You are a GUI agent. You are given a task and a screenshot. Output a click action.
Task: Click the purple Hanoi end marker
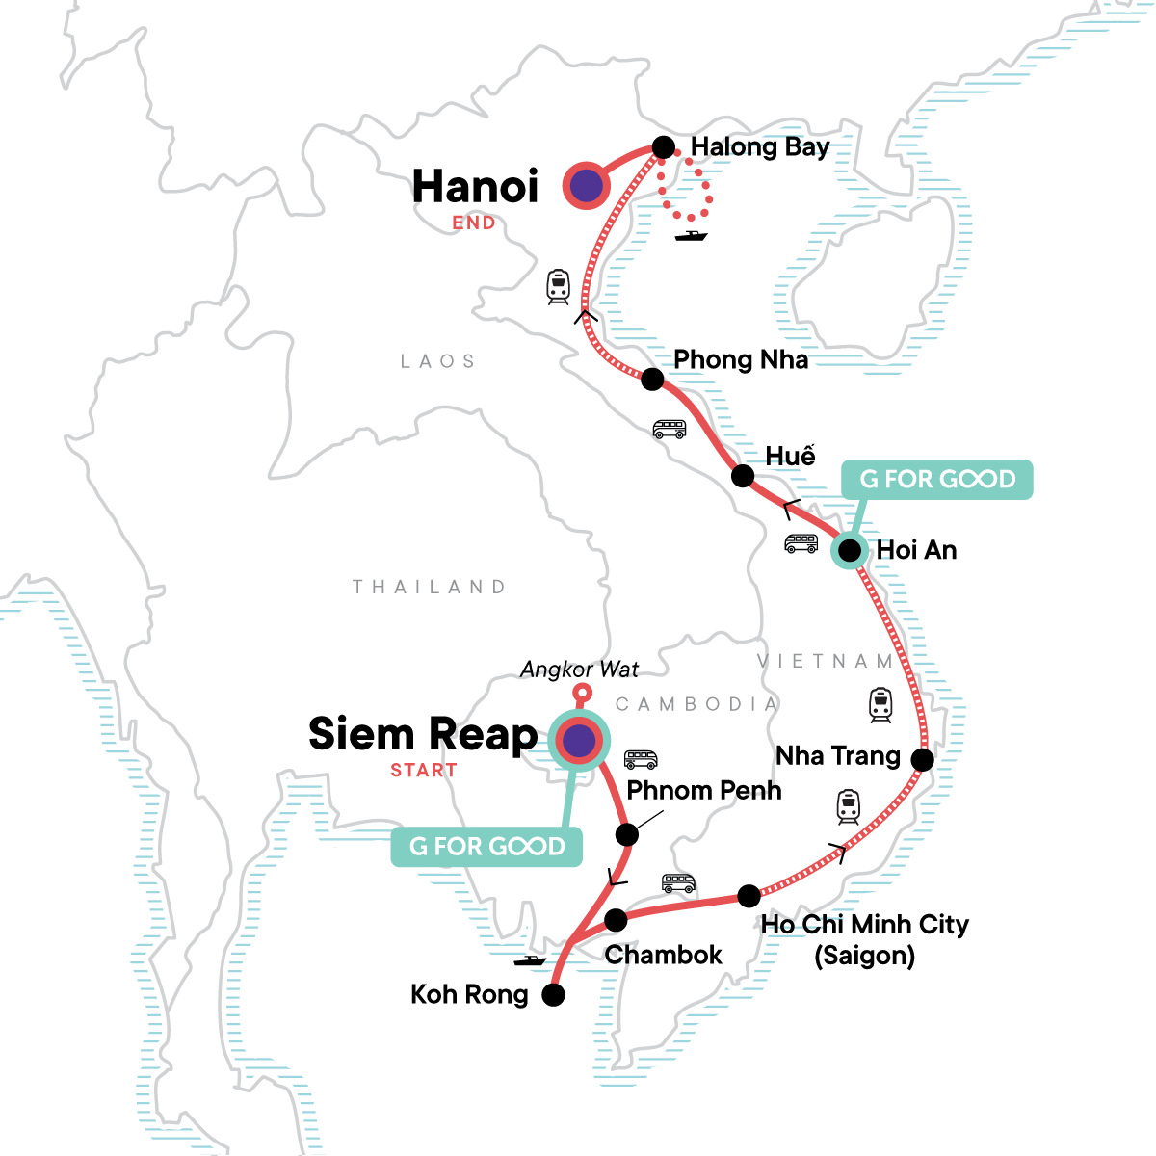(586, 187)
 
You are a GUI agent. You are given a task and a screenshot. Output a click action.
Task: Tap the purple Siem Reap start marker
(578, 741)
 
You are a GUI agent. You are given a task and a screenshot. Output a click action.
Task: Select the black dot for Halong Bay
(664, 146)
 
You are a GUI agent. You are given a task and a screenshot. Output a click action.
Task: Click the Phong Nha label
(740, 360)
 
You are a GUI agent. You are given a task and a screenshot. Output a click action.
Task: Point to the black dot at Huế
(743, 476)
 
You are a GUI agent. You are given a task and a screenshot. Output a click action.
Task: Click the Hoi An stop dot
(849, 550)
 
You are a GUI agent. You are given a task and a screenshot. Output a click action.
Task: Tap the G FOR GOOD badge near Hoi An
(936, 479)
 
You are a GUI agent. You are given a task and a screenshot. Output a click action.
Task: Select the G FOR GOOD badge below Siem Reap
(486, 846)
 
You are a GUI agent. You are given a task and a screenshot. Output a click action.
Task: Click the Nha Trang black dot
(922, 760)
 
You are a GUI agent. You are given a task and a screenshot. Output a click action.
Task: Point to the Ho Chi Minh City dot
(749, 897)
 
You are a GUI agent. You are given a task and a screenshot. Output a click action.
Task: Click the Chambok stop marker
(616, 921)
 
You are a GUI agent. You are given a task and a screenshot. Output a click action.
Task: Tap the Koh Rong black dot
(553, 995)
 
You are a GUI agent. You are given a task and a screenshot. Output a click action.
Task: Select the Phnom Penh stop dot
(626, 834)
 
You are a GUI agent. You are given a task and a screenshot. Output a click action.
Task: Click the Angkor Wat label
(579, 670)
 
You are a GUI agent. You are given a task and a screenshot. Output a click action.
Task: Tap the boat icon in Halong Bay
(691, 235)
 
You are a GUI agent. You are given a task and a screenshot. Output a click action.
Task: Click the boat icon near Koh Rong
(530, 960)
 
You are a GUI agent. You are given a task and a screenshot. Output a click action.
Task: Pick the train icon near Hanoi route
(558, 286)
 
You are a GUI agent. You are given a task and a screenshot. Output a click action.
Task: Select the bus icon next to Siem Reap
(641, 759)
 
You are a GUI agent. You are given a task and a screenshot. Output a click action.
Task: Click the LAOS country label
(438, 361)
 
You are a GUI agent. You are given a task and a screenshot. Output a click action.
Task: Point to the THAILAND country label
(429, 587)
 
